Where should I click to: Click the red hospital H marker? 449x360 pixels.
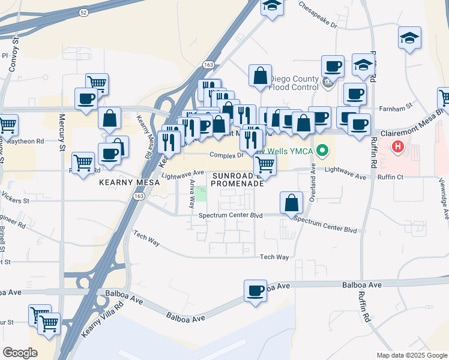coord(398,146)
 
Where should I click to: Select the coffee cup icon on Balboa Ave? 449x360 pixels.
coord(255,291)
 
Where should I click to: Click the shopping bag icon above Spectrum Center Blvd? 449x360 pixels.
coord(291,203)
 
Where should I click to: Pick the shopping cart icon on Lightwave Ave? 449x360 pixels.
coord(264,164)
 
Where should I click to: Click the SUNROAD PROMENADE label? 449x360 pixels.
coord(238,179)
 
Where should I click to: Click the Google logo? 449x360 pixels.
coord(20,352)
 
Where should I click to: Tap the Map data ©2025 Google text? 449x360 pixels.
coord(411,355)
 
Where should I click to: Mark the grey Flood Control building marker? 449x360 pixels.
coord(328,83)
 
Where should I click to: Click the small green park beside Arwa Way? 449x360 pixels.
coord(202,194)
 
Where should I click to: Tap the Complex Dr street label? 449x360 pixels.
coord(225,155)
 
